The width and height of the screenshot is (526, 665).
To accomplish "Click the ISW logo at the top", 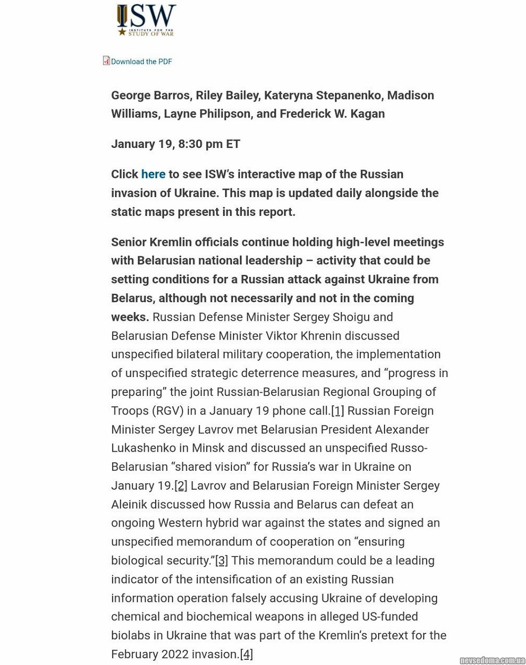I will click(146, 20).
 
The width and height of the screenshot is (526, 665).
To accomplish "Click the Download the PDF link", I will click(141, 62).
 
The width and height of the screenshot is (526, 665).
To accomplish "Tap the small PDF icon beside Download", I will click(106, 61).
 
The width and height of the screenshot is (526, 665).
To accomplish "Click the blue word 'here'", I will click(153, 174).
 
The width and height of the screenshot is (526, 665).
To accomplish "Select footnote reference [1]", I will click(337, 411).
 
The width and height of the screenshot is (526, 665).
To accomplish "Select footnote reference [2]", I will click(180, 485).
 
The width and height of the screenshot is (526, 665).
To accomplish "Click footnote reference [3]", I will click(221, 561).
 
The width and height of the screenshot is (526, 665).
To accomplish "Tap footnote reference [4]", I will click(246, 654).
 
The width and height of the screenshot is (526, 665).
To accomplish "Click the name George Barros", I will click(150, 95).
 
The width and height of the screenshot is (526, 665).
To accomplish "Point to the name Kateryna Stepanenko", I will click(322, 95).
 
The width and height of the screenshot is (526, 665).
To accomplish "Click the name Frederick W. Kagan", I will click(332, 114).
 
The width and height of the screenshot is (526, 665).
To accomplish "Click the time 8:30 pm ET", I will click(209, 144).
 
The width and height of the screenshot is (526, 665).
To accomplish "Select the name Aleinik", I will click(130, 504).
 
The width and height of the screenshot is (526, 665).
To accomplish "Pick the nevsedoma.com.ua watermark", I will click(492, 660).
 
